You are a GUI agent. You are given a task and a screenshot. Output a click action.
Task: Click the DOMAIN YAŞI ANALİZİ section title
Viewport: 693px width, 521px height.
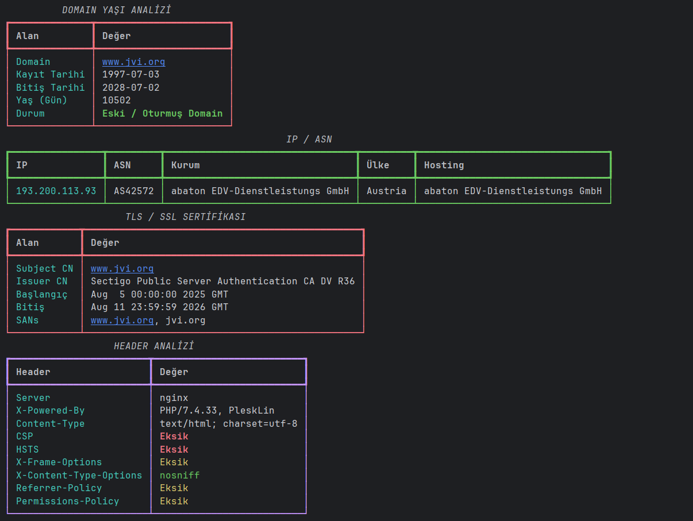(117, 10)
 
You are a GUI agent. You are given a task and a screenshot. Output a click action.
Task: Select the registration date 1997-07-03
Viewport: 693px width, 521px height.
(130, 75)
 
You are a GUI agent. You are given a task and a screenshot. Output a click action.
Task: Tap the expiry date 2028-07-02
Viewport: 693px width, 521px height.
(130, 87)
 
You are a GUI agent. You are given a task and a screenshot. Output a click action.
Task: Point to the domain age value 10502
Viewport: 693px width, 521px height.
(117, 101)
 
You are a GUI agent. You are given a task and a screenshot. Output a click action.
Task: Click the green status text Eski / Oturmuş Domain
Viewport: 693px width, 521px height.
(162, 114)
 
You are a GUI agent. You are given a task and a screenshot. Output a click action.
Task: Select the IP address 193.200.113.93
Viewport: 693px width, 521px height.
(56, 191)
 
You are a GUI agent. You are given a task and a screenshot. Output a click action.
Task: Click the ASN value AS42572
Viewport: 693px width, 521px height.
(134, 191)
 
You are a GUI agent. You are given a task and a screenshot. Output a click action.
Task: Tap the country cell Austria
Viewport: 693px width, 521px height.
(387, 191)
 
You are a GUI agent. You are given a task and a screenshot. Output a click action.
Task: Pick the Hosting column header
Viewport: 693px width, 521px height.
(444, 165)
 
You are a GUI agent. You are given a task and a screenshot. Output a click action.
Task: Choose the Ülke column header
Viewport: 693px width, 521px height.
(378, 165)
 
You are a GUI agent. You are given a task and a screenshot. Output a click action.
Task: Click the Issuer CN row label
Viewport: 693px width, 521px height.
(42, 281)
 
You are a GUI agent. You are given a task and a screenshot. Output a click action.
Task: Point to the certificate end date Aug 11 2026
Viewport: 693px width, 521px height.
(159, 307)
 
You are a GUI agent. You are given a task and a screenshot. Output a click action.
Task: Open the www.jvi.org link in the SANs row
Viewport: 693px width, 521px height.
(122, 321)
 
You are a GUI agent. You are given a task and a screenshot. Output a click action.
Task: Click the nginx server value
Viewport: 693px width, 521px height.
(174, 398)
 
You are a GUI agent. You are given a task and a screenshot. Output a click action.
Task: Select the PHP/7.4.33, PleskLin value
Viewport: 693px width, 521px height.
(217, 411)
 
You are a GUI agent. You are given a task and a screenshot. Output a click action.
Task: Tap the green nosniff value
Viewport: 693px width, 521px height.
(180, 475)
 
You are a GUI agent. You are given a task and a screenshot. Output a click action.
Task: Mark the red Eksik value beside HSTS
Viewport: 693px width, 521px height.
(174, 449)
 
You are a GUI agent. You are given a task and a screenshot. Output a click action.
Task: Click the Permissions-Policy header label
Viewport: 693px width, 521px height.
(68, 501)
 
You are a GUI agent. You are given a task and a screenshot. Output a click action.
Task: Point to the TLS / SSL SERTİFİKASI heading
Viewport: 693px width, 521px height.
(186, 217)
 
